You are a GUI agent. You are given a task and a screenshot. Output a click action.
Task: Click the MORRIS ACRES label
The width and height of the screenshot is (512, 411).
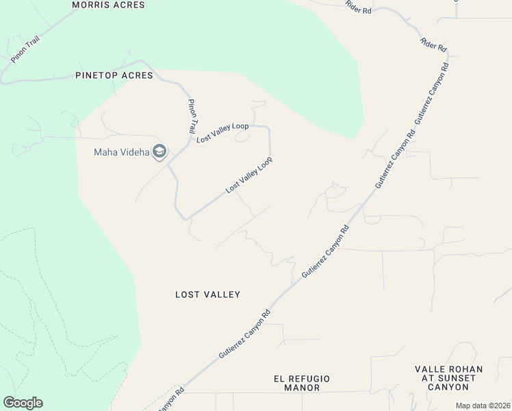pos(109,5)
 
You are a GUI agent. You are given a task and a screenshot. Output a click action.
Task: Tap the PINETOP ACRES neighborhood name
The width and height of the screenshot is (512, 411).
pos(114,75)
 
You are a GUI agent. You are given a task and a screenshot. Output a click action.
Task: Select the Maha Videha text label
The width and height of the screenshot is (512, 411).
pos(121,152)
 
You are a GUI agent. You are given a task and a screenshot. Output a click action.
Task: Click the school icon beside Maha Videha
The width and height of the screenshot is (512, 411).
pos(159,151)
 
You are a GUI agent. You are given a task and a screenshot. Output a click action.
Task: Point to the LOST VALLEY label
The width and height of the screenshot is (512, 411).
pos(207,295)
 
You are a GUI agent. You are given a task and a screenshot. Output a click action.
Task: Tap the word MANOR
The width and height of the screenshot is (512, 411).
pos(302,388)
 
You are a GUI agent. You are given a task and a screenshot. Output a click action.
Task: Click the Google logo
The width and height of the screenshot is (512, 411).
pos(23,403)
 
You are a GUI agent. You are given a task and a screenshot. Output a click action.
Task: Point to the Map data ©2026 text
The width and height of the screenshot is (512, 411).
pos(482,406)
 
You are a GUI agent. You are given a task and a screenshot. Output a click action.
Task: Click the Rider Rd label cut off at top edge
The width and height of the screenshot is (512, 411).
pos(359,8)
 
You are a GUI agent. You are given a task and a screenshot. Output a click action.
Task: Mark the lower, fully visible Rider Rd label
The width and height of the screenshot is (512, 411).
pos(434,45)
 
